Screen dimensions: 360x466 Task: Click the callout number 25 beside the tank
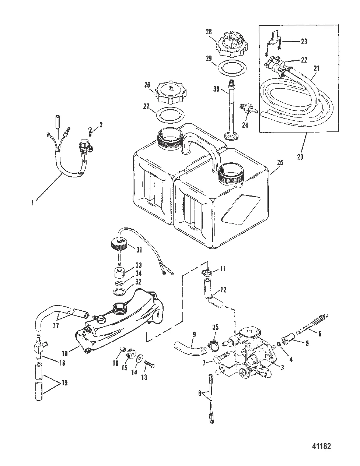click(280, 163)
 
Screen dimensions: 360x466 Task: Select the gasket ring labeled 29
click(232, 68)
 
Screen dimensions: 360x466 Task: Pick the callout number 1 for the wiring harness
click(33, 202)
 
